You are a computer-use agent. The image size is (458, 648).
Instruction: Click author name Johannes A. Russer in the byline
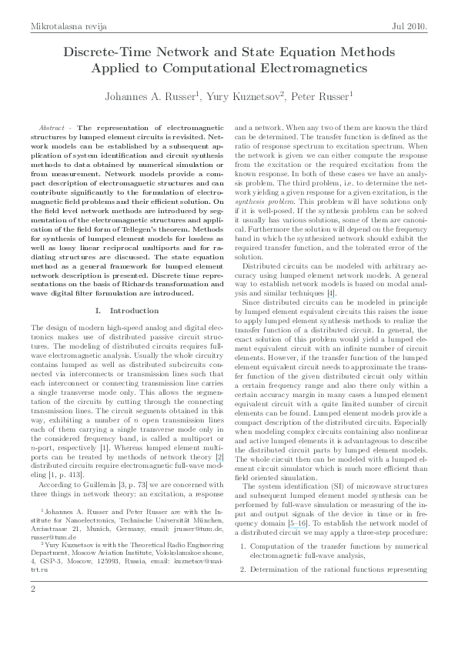147,97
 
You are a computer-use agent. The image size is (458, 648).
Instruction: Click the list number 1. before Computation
243,546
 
